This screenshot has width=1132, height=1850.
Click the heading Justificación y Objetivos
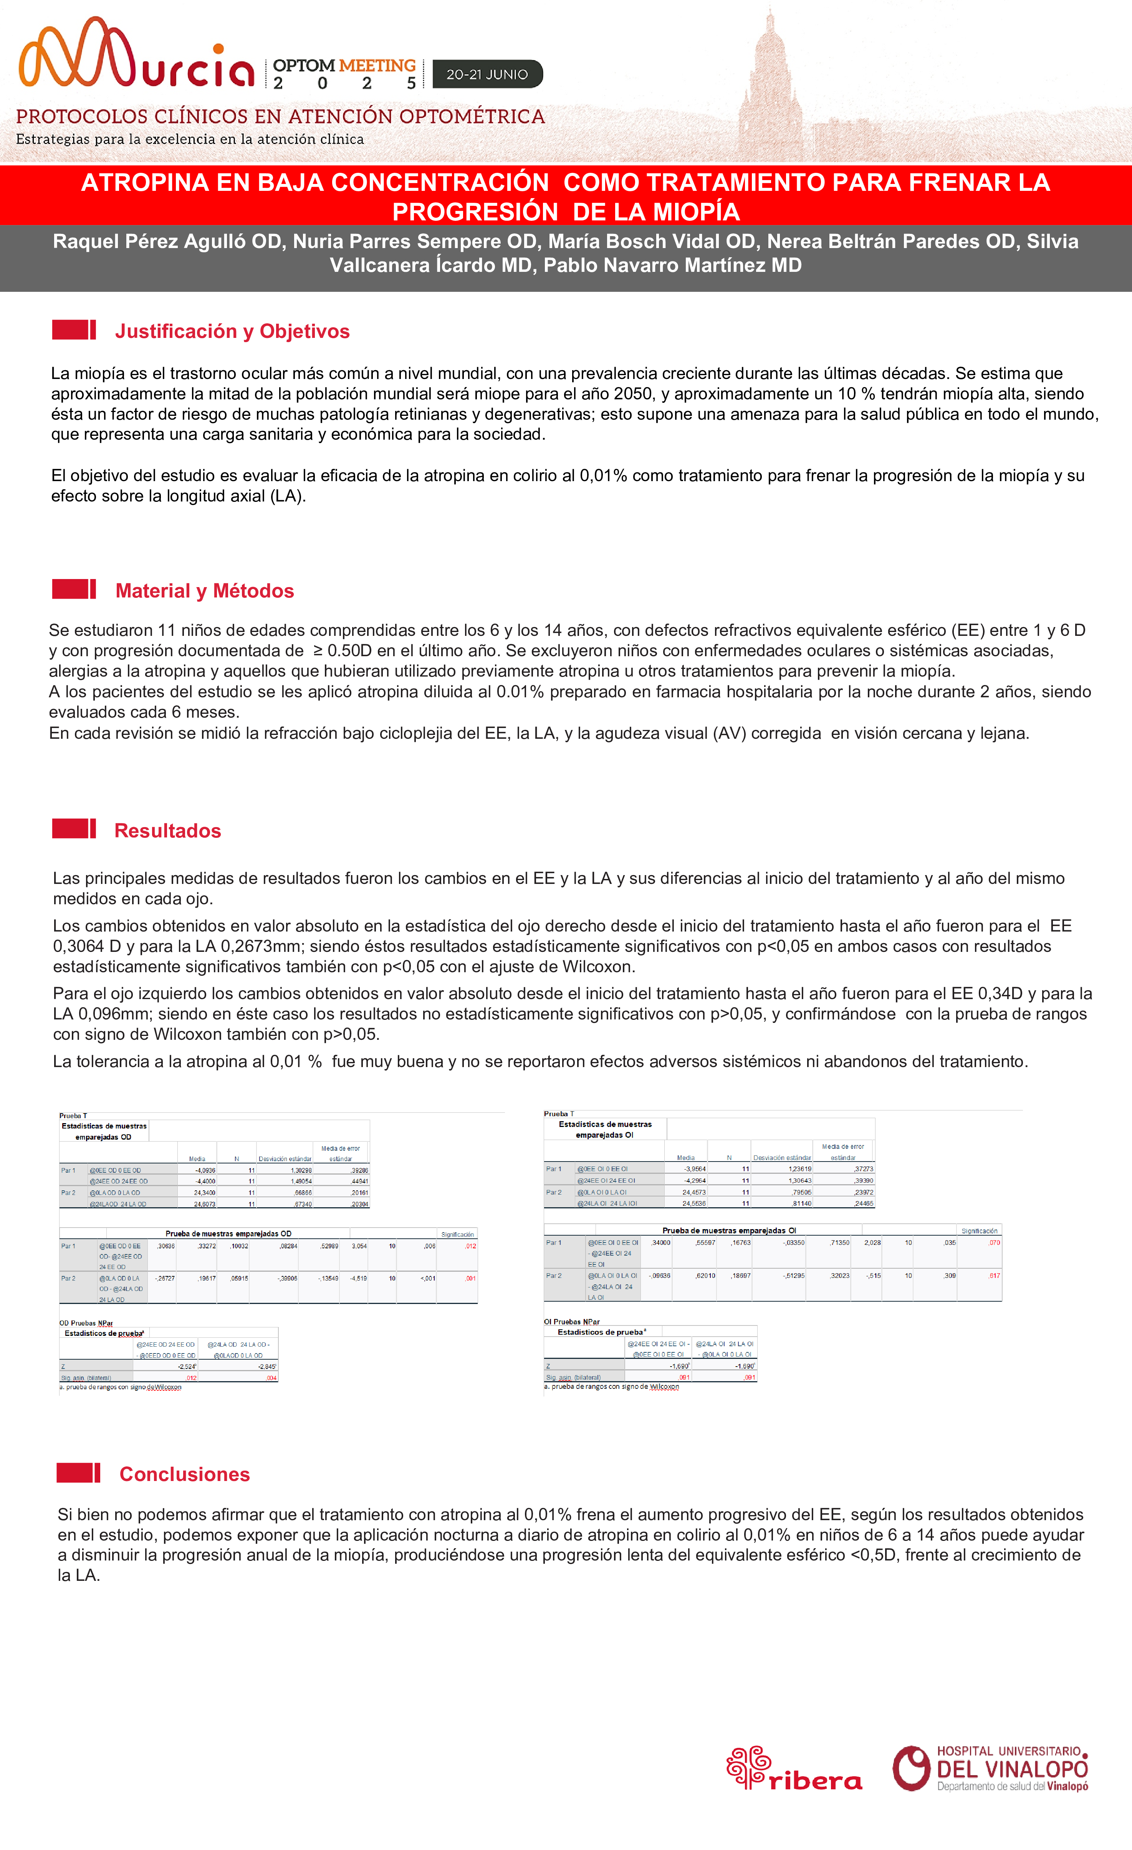click(x=232, y=331)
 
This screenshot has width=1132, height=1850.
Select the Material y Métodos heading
click(x=204, y=591)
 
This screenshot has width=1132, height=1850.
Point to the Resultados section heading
click(x=167, y=831)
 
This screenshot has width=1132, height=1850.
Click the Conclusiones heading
click(x=185, y=1474)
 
